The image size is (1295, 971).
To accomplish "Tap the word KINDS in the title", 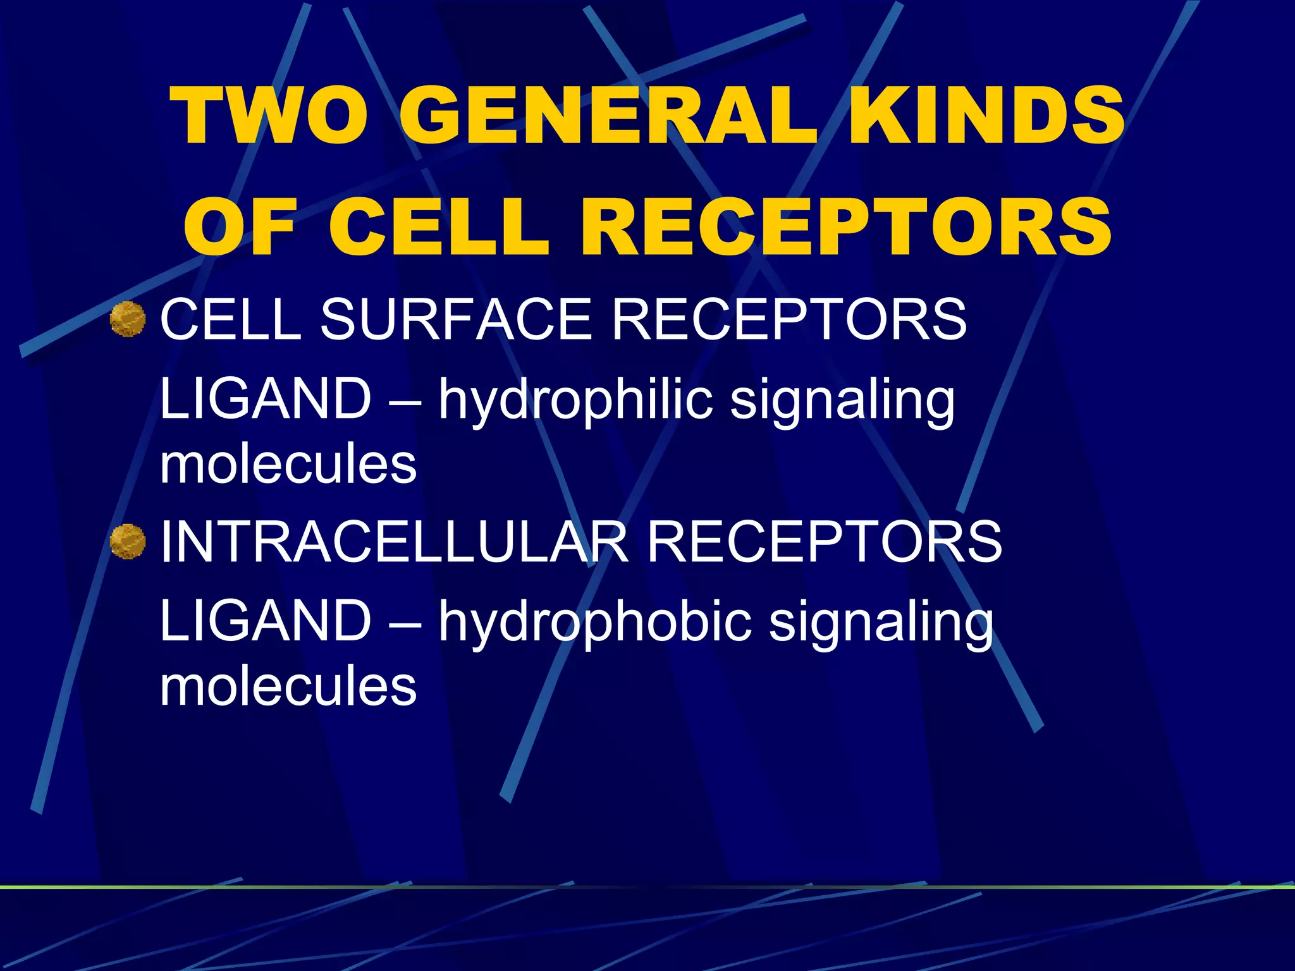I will click(x=986, y=118).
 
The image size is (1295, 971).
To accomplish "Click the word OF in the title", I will click(x=240, y=226).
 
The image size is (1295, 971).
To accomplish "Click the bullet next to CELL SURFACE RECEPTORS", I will click(x=128, y=319).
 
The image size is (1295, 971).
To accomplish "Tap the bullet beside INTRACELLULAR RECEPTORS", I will click(x=128, y=542).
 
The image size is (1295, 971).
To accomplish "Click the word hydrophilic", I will click(x=575, y=400).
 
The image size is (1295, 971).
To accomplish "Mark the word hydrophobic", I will click(x=595, y=622).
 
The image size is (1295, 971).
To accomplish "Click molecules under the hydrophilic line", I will click(x=288, y=465).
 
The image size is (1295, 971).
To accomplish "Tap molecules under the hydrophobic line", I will click(x=288, y=687).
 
